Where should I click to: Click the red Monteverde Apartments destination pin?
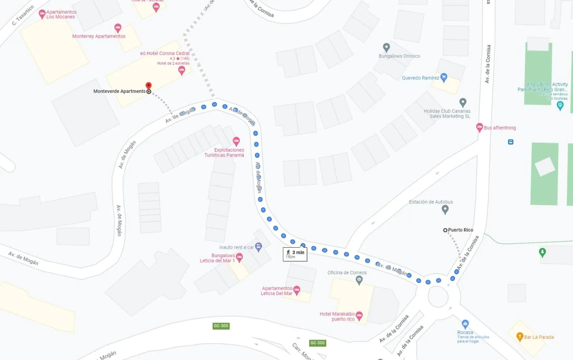tap(149, 85)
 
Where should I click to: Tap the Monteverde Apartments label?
tap(120, 91)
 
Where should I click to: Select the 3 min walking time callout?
tap(295, 254)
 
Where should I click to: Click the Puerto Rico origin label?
tap(460, 230)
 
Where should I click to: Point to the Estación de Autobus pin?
tap(445, 209)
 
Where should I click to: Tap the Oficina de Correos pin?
tap(359, 280)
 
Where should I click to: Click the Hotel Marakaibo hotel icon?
tap(359, 316)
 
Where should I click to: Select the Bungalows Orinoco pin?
tap(386, 47)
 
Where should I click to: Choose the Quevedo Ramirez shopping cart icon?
tap(444, 77)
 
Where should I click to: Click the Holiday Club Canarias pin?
tap(463, 102)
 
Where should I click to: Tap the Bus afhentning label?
tap(500, 128)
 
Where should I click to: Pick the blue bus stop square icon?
tap(511, 142)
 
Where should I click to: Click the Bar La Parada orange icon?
tap(520, 337)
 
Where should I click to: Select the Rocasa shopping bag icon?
tap(465, 324)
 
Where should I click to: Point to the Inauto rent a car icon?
tap(258, 247)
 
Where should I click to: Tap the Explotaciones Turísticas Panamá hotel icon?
tap(236, 141)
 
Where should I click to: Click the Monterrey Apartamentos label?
tap(99, 36)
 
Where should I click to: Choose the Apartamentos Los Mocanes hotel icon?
tap(42, 14)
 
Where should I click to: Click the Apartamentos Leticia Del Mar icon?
tap(297, 290)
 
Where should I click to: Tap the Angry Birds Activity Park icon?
tap(560, 106)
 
